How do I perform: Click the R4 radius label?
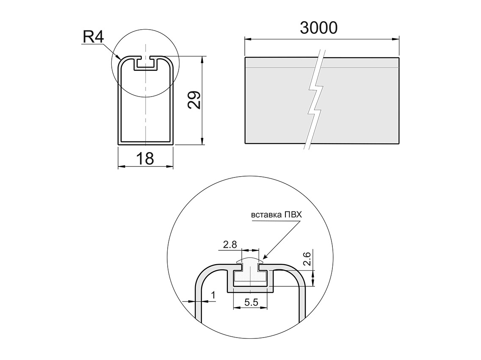click(94, 37)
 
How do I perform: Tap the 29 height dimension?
click(194, 100)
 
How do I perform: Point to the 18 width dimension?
click(145, 158)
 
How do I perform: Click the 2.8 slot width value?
click(230, 245)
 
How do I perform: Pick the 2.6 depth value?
click(308, 258)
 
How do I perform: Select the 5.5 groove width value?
click(251, 302)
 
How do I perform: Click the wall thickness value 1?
click(213, 295)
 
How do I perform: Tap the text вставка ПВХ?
click(276, 215)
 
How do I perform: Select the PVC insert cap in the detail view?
click(250, 261)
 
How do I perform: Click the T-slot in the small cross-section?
click(146, 64)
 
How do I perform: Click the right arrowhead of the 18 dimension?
click(170, 166)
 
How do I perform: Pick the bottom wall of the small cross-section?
click(146, 143)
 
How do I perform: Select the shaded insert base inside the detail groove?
click(250, 277)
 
